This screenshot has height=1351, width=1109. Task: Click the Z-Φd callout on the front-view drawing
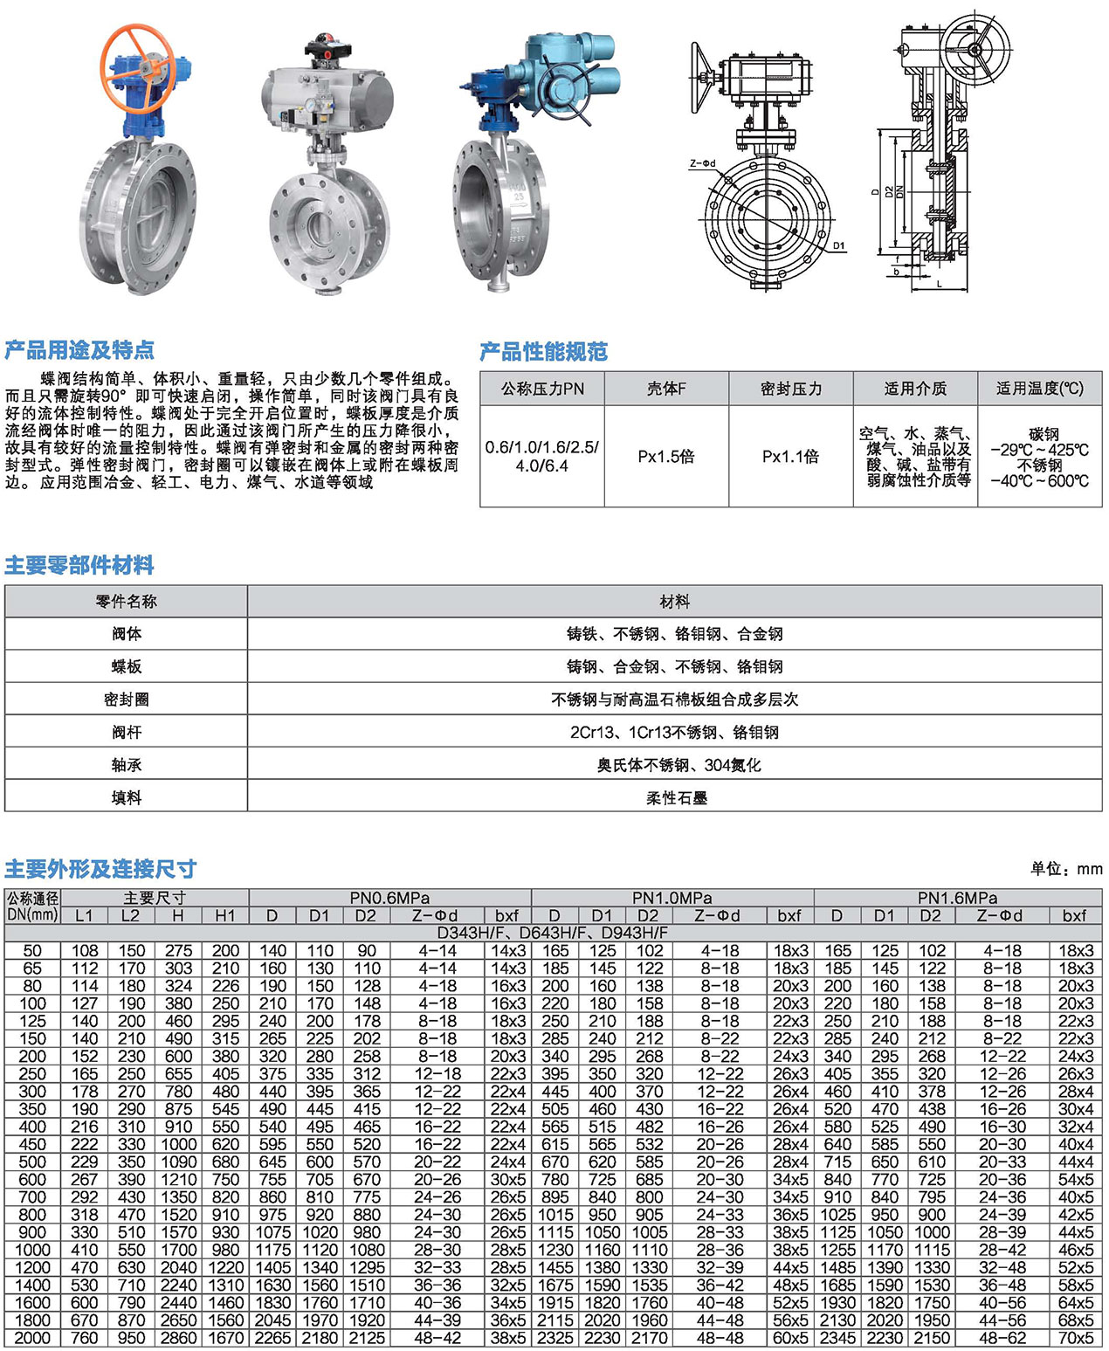(x=702, y=163)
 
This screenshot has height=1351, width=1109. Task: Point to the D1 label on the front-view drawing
(x=838, y=245)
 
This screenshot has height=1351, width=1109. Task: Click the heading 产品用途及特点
(x=79, y=350)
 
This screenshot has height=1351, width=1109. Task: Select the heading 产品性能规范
(x=543, y=352)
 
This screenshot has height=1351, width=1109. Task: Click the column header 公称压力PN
(x=542, y=389)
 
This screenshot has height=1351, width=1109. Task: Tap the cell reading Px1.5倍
(x=666, y=457)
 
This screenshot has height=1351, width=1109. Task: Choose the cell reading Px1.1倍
(x=790, y=457)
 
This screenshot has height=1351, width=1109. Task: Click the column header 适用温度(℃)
(x=1039, y=389)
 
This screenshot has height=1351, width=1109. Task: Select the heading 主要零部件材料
(x=79, y=565)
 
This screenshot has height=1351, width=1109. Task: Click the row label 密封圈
(x=127, y=700)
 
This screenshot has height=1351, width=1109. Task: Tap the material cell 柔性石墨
(x=676, y=797)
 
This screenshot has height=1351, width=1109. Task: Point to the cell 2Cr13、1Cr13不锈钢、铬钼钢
(x=674, y=732)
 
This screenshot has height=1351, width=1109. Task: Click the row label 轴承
(x=127, y=765)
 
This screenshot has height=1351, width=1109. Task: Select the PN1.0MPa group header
(x=672, y=898)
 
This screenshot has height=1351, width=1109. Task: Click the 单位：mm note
(x=1065, y=868)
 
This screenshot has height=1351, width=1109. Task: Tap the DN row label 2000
(x=32, y=1338)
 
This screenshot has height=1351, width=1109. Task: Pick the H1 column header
(x=225, y=915)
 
